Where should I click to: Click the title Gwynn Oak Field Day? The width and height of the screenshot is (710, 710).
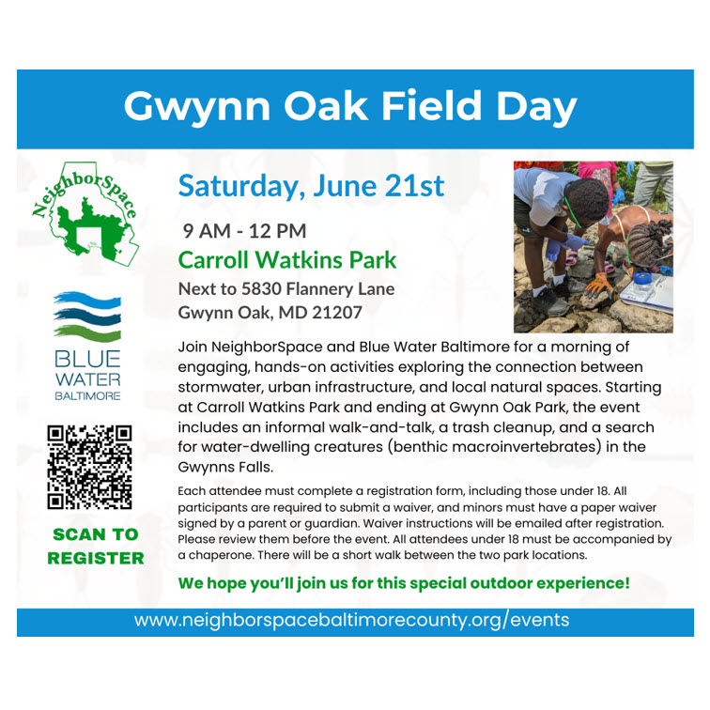(350, 107)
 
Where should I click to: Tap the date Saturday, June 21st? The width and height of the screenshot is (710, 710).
(311, 186)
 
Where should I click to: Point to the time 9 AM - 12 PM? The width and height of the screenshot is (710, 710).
(244, 231)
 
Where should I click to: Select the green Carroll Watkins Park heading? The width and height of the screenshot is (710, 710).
(287, 260)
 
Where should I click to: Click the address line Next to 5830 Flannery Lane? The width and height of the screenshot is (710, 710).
(286, 289)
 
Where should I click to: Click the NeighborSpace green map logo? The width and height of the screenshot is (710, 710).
(85, 213)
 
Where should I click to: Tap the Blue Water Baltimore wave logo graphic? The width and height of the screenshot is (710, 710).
(87, 316)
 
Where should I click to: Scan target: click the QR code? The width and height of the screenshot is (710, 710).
(89, 468)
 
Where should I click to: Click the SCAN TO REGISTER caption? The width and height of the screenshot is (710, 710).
(96, 546)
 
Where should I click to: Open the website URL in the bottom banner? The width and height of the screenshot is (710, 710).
(351, 620)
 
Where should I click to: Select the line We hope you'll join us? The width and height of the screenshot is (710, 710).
(404, 583)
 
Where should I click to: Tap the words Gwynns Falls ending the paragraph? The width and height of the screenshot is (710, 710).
(224, 468)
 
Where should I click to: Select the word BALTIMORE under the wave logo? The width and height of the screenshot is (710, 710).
(87, 396)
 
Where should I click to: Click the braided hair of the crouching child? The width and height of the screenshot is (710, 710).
(650, 243)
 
